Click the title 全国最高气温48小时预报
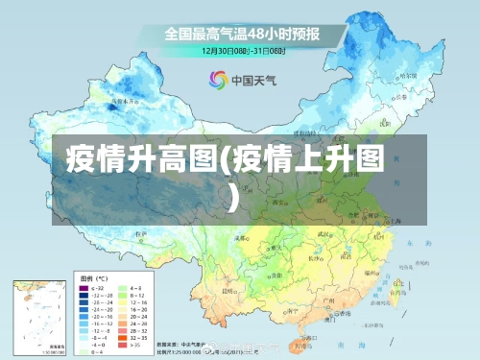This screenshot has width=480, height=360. point(241,33)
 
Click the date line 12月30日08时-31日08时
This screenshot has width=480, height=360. point(240,50)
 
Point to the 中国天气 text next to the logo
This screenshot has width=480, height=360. point(252,81)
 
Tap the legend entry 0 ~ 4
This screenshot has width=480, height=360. point(95,349)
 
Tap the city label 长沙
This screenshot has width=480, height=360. point(315,260)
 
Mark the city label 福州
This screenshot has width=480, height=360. point(370,275)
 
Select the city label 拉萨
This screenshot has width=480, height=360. point(144,233)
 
